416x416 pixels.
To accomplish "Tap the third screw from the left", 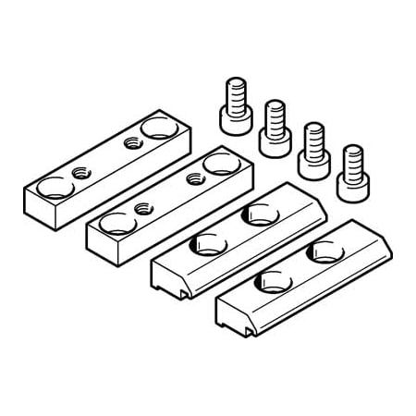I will click(x=312, y=149).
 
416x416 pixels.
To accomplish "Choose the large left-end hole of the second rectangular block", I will click(x=112, y=223).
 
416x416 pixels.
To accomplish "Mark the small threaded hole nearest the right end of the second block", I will click(x=194, y=178).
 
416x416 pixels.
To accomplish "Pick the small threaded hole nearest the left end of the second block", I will click(x=142, y=209).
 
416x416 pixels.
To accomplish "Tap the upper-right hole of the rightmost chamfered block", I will click(x=323, y=250).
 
